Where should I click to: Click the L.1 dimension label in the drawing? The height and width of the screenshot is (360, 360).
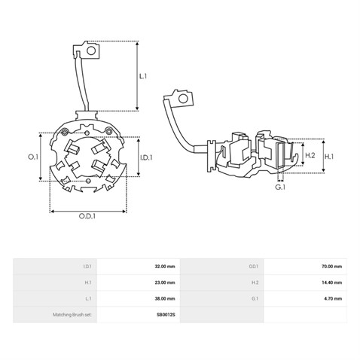pyautogui.click(x=143, y=76)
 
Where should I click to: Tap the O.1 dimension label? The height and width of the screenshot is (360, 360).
pyautogui.click(x=33, y=157)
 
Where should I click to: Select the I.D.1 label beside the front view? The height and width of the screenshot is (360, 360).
pyautogui.click(x=146, y=157)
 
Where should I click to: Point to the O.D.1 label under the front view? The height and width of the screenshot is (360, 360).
pyautogui.click(x=87, y=216)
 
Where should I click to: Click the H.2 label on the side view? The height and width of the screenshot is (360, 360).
pyautogui.click(x=310, y=155)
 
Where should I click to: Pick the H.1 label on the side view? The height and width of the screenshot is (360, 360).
pyautogui.click(x=329, y=157)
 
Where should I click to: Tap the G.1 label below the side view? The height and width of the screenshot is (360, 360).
pyautogui.click(x=280, y=187)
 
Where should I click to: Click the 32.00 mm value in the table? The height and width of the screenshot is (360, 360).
pyautogui.click(x=165, y=267)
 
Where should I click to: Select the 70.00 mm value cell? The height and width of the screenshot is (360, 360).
pyautogui.click(x=331, y=267)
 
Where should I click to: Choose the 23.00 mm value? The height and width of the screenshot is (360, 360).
pyautogui.click(x=165, y=282)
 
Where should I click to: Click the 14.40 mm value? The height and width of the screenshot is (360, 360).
pyautogui.click(x=331, y=282)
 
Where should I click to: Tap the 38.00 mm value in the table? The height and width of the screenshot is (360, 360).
pyautogui.click(x=165, y=298)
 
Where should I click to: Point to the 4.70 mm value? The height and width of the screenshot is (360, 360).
pyautogui.click(x=333, y=298)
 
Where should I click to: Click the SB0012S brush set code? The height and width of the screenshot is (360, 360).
pyautogui.click(x=166, y=315)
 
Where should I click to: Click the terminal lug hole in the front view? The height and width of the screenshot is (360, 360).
pyautogui.click(x=91, y=50)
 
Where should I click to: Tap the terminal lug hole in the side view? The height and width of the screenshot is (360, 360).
pyautogui.click(x=183, y=99)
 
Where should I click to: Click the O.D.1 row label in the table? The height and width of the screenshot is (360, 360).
pyautogui.click(x=254, y=267)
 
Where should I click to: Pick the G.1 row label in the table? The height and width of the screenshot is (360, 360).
pyautogui.click(x=255, y=298)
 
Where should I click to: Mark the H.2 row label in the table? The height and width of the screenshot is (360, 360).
pyautogui.click(x=255, y=282)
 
